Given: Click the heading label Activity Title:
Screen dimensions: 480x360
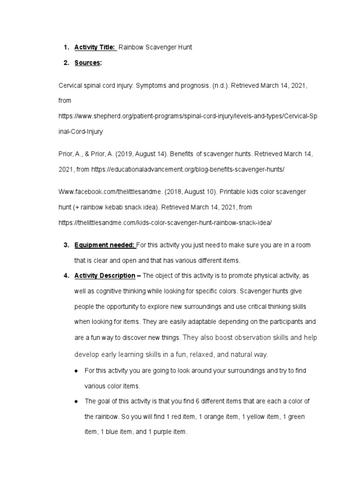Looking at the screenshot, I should tap(95, 47).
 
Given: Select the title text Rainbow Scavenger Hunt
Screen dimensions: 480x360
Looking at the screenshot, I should tap(155, 47).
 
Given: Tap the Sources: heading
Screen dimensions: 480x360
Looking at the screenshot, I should tap(88, 63).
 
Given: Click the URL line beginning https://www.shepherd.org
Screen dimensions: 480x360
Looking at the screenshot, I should tap(190, 115).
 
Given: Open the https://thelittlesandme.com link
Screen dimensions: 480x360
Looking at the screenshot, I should tap(165, 223).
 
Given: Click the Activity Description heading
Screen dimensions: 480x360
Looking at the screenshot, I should tap(105, 276).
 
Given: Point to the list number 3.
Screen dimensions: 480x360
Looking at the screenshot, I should tap(65, 245).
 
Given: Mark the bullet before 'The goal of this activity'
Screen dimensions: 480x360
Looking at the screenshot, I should tap(76, 402).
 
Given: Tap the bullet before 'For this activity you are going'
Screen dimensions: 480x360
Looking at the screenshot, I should tap(76, 371).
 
